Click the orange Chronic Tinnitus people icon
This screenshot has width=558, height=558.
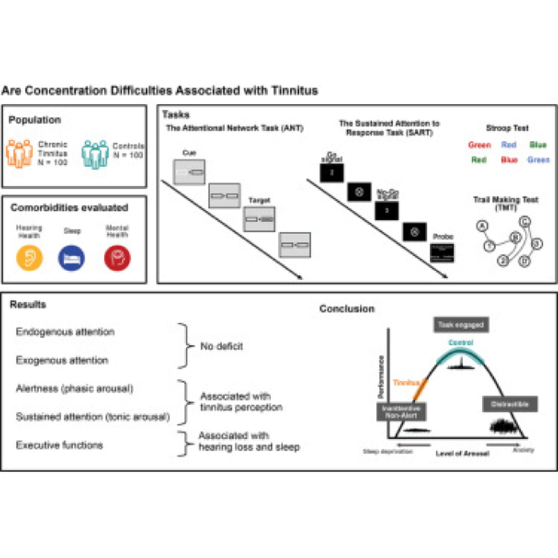tap(19, 153)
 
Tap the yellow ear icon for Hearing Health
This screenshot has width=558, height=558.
tap(30, 258)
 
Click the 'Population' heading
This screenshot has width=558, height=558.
tap(35, 120)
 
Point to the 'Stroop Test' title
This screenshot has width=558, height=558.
tap(507, 128)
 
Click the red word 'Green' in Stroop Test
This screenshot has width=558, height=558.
tap(479, 145)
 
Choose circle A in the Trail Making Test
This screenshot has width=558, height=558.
tap(482, 226)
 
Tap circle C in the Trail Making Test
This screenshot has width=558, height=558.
tap(525, 222)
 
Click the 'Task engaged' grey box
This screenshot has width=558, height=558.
tap(461, 325)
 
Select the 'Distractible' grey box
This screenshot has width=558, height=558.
tap(510, 404)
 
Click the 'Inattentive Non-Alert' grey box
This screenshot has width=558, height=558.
tap(401, 412)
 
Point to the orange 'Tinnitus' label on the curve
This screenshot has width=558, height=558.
tap(406, 383)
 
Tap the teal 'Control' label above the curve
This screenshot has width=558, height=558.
tap(461, 343)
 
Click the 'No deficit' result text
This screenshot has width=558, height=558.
tap(222, 346)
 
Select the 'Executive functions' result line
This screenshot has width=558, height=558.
tap(59, 445)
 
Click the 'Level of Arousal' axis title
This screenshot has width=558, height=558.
tap(462, 453)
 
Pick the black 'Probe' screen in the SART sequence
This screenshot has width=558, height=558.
tap(442, 253)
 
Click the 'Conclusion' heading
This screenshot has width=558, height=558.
tap(347, 309)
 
